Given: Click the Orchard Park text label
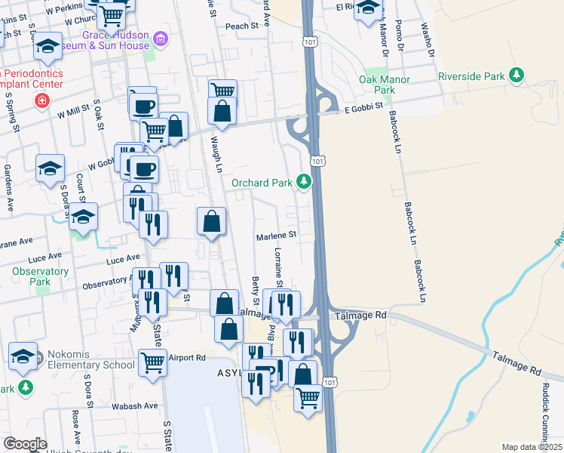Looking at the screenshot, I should [263, 182].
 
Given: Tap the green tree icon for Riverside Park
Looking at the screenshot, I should [516, 75].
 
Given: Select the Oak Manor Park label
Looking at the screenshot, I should [385, 85].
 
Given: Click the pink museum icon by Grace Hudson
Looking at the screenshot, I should [160, 39].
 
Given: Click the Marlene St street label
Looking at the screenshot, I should [276, 235].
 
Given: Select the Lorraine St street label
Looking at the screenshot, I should [278, 267].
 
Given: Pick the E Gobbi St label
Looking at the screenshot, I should [364, 109].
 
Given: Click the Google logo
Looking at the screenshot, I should [25, 444].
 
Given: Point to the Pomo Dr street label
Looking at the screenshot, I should [400, 38].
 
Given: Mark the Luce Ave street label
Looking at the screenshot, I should [123, 259].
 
